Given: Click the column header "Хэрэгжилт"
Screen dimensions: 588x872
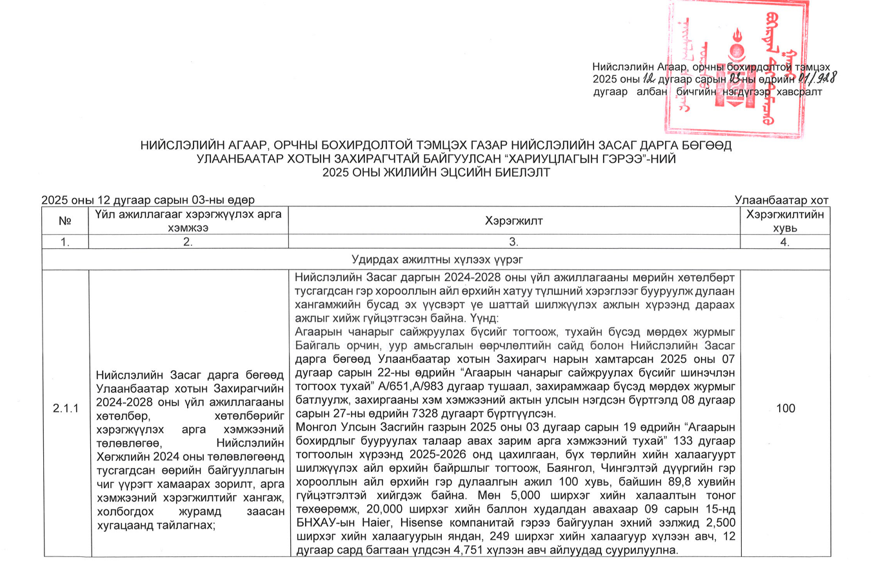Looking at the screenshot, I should [x=513, y=221].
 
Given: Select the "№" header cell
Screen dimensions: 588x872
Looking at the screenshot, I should [x=64, y=221].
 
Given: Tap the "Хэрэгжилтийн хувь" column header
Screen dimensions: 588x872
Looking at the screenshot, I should [x=785, y=221].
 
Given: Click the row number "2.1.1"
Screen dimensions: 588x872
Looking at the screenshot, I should [x=66, y=409].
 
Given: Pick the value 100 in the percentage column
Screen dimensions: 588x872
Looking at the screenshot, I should [x=785, y=408].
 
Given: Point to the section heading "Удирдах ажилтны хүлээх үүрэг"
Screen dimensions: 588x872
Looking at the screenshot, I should [x=437, y=259].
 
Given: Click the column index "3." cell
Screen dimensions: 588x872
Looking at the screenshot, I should [x=513, y=242].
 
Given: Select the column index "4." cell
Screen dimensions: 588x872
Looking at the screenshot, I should [x=785, y=242].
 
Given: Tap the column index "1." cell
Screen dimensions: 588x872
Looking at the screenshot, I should [x=64, y=242].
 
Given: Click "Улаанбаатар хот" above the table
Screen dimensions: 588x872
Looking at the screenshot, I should [x=781, y=201].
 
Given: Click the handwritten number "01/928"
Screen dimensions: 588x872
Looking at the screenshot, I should [x=817, y=79].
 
